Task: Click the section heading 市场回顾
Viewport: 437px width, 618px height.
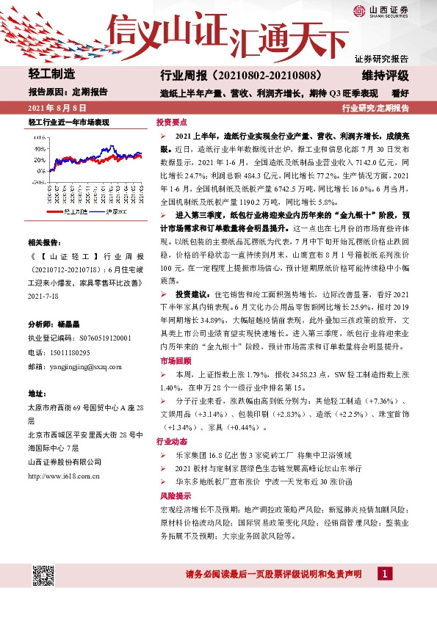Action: pyautogui.click(x=171, y=361)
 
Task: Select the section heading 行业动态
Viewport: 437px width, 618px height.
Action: pyautogui.click(x=171, y=443)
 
